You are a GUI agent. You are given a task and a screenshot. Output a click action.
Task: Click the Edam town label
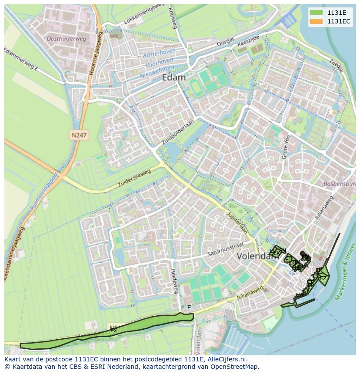tap(173, 77)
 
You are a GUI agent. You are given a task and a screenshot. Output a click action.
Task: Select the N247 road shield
tap(79, 136)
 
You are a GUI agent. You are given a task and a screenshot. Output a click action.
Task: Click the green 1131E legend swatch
tap(317, 13)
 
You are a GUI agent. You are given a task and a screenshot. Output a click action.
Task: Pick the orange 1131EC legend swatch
tap(317, 21)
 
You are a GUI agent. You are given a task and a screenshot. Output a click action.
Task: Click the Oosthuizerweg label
tap(67, 39)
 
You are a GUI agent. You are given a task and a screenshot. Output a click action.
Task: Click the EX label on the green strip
tap(113, 331)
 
